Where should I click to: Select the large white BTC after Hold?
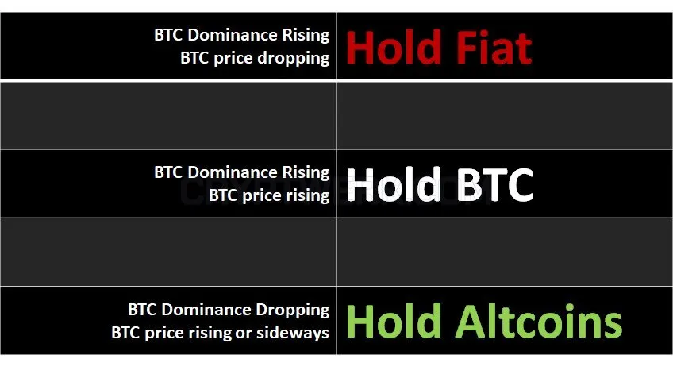click(x=494, y=185)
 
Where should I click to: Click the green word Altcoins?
click(x=539, y=322)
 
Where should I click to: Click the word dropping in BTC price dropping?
click(x=293, y=59)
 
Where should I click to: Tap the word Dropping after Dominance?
click(x=293, y=311)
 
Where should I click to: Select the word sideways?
click(x=293, y=333)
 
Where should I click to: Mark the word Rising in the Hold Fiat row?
click(x=306, y=35)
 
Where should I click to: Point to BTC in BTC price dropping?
click(x=195, y=58)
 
